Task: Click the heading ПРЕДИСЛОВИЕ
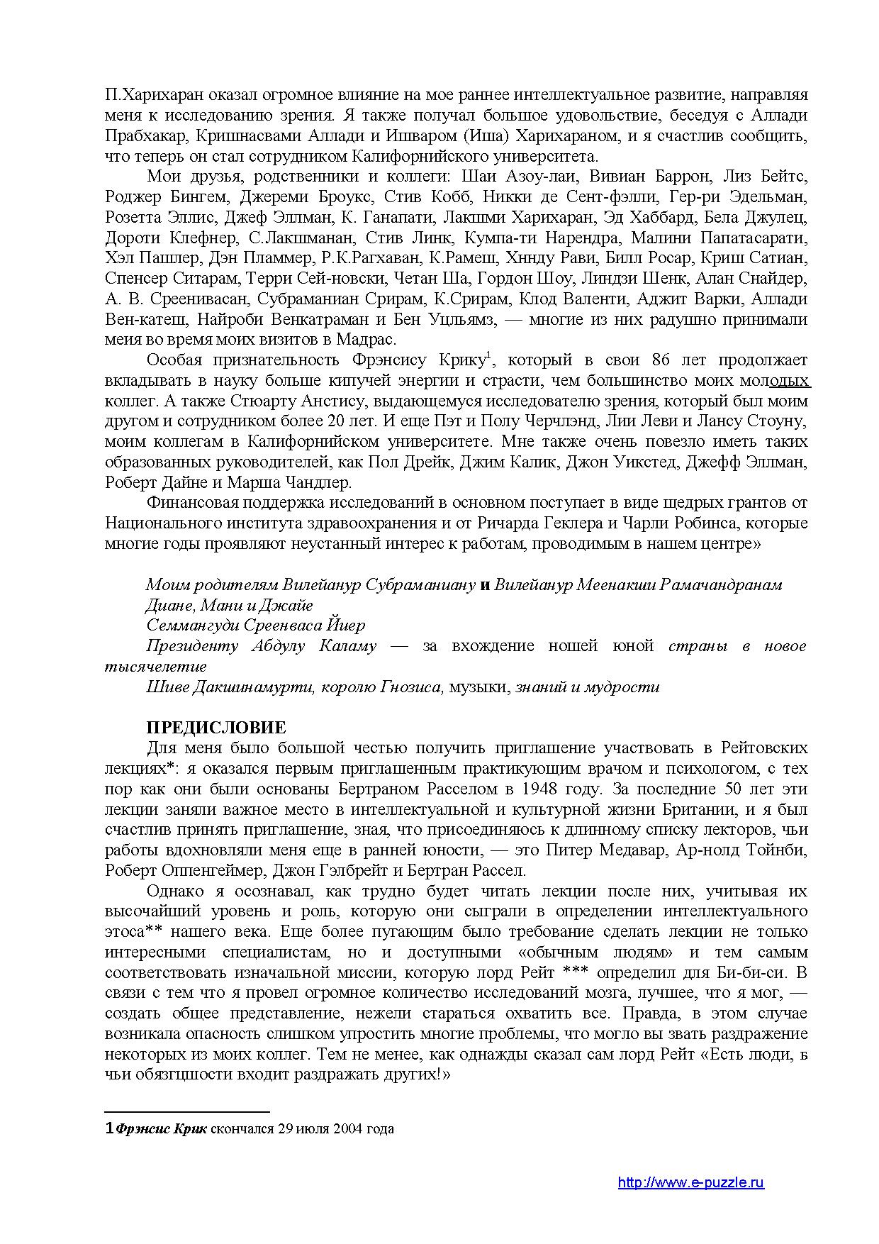click(215, 728)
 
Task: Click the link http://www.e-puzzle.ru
click(690, 1182)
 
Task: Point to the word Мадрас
click(370, 340)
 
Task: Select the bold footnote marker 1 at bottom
click(108, 1129)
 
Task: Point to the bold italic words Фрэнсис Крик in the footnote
click(161, 1129)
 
